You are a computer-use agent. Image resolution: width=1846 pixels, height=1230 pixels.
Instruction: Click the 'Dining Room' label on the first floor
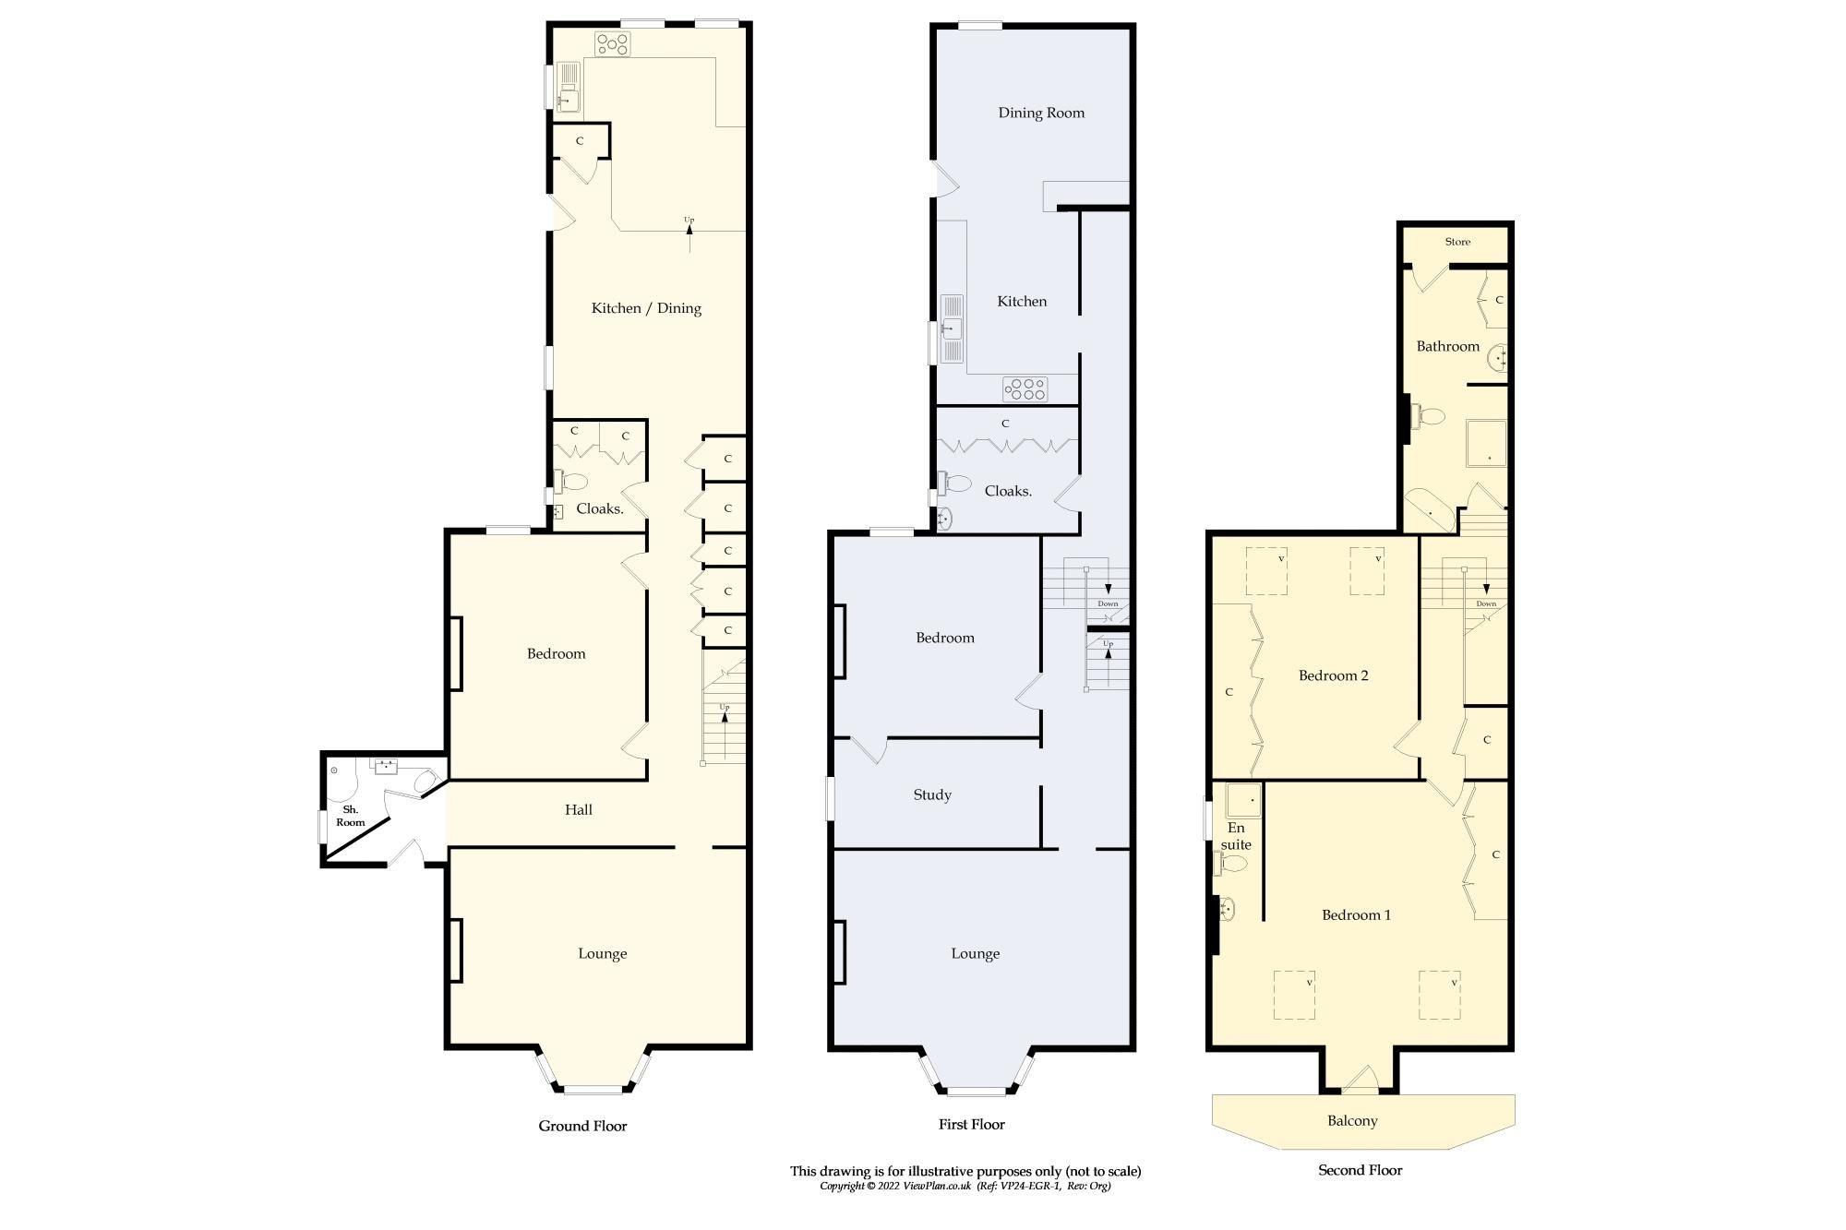[x=1041, y=113]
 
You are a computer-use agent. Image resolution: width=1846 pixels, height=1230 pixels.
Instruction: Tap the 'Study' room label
[x=932, y=794]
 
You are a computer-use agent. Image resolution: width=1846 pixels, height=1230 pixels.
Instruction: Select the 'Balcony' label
[x=1352, y=1120]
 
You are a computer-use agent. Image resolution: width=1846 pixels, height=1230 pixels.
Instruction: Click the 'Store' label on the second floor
[x=1457, y=242]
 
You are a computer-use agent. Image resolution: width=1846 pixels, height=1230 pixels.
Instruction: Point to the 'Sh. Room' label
[x=350, y=816]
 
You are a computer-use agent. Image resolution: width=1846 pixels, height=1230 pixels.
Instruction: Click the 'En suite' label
[x=1236, y=836]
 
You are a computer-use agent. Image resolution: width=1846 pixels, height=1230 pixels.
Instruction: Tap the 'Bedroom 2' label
[x=1333, y=675]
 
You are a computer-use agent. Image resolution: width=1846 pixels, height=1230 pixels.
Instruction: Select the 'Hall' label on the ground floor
[x=579, y=809]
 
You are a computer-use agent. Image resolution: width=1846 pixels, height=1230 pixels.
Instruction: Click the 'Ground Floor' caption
[x=582, y=1126]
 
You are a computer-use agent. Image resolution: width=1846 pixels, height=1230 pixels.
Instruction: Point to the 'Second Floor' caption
[x=1360, y=1170]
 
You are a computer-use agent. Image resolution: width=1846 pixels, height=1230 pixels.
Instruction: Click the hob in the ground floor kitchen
[x=612, y=43]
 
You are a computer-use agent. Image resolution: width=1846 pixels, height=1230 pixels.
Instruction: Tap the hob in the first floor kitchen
[x=1025, y=389]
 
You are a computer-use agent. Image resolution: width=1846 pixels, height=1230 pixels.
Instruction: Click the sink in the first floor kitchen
[x=951, y=328]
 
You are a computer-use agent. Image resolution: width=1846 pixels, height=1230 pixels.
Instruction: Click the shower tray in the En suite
[x=1243, y=801]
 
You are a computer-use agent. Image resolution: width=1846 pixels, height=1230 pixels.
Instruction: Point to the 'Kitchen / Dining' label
[x=646, y=308]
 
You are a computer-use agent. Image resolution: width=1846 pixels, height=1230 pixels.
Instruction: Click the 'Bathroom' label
[x=1447, y=346]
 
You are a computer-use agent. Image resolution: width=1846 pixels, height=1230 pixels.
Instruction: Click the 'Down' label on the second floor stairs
[x=1486, y=603]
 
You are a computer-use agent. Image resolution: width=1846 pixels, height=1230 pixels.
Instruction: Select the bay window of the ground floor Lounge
[x=595, y=1089]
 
